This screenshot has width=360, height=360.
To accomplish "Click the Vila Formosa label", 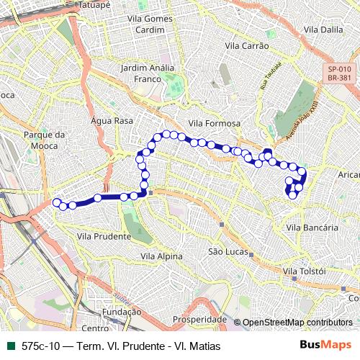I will pyautogui.click(x=213, y=123).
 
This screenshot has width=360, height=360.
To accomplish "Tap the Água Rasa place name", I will pyautogui.click(x=113, y=121).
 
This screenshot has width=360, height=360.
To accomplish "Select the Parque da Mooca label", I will pyautogui.click(x=45, y=139).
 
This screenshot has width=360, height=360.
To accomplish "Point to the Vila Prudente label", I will pyautogui.click(x=104, y=235).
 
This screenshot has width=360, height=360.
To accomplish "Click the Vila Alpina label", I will pyautogui.click(x=161, y=256).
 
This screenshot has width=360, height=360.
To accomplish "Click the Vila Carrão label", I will pyautogui.click(x=247, y=45).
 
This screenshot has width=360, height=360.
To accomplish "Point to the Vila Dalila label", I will pyautogui.click(x=323, y=30).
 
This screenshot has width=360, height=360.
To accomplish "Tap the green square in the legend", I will pyautogui.click(x=11, y=346).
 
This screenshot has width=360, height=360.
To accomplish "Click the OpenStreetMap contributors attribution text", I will pyautogui.click(x=297, y=323).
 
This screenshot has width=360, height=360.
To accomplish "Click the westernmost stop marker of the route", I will pyautogui.click(x=56, y=203).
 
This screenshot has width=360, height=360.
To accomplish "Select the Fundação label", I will pyautogui.click(x=122, y=312).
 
